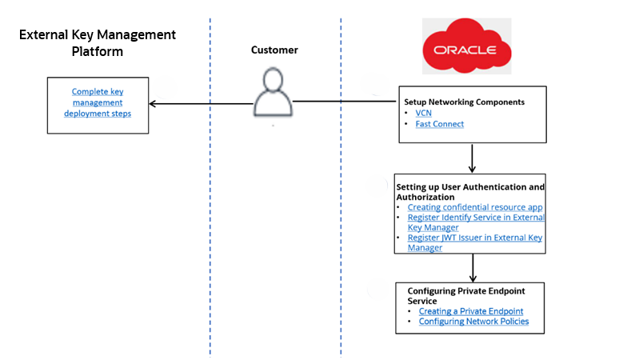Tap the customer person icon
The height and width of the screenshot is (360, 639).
[x=274, y=94]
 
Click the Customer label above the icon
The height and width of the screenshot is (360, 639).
[x=274, y=50]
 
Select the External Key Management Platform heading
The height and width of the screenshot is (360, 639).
[x=97, y=43]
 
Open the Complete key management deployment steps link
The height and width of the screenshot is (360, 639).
[x=97, y=102]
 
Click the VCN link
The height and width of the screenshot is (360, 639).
[x=424, y=114]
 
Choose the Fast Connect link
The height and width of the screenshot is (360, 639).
[x=439, y=124]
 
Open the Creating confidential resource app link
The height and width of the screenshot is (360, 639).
[x=475, y=207]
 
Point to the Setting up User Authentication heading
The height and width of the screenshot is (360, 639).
[x=470, y=191]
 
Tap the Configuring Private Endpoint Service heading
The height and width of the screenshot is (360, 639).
[x=465, y=296]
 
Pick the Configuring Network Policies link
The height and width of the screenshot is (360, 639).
[x=473, y=322]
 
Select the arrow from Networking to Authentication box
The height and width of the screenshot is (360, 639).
[x=473, y=158]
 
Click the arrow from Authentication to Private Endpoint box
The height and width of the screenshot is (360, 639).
[x=473, y=267]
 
